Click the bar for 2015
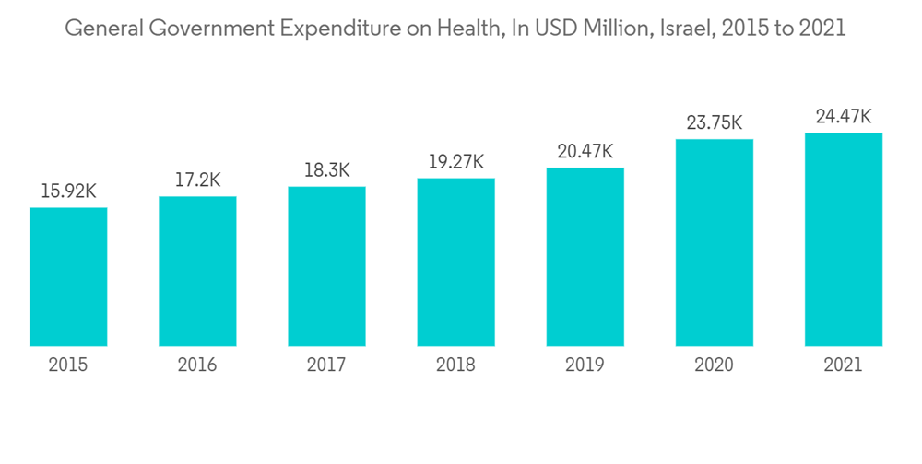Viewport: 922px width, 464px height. [68, 277]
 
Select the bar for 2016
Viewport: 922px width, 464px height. [197, 272]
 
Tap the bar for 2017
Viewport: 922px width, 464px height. [326, 267]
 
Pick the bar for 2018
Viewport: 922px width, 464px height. [455, 262]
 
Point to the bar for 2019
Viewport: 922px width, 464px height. [585, 258]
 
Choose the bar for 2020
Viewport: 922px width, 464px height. [714, 243]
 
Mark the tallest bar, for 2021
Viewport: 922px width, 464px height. [843, 240]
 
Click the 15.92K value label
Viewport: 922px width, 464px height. [68, 191]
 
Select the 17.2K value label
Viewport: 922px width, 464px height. [197, 180]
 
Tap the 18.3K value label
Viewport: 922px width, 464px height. [326, 171]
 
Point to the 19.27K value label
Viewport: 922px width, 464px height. [455, 162]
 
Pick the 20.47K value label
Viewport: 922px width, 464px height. [585, 152]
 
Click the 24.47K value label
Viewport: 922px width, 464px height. [843, 117]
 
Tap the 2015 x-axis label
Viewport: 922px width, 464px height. [68, 365]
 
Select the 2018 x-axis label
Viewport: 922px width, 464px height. [455, 365]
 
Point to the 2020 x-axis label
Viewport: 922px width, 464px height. [714, 365]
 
